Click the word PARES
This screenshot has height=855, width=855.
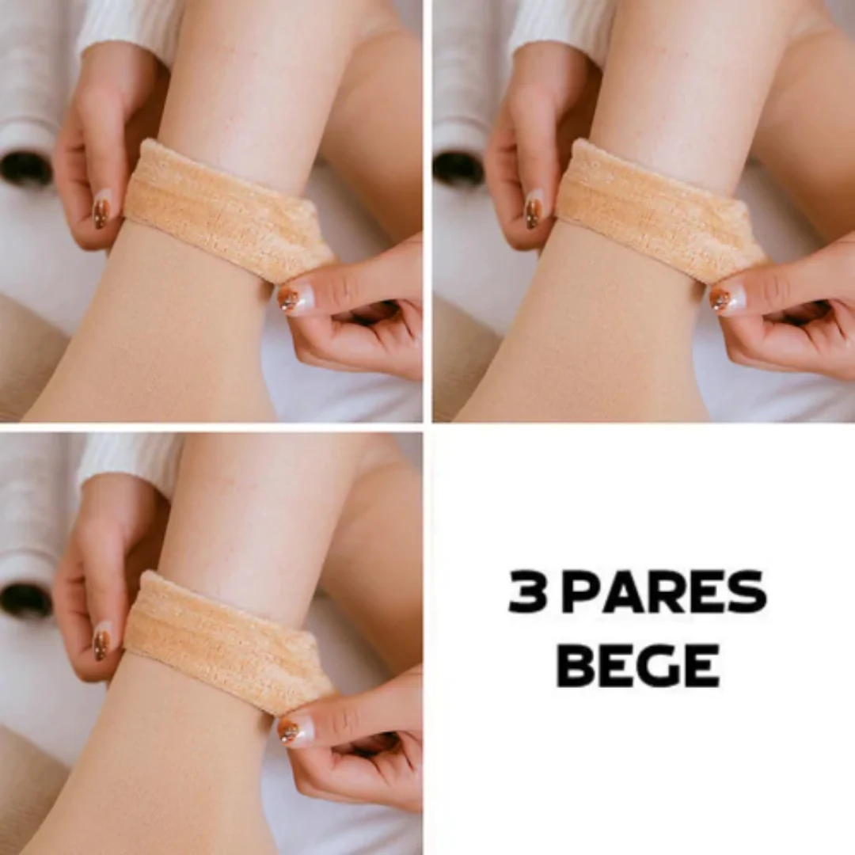click(x=663, y=592)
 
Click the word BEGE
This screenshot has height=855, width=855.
click(x=638, y=665)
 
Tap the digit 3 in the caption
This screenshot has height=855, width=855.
click(x=528, y=592)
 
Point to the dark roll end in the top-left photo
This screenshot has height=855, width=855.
click(x=25, y=166)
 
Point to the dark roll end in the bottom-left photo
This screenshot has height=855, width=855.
click(x=25, y=598)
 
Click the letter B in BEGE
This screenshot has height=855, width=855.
click(x=576, y=665)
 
